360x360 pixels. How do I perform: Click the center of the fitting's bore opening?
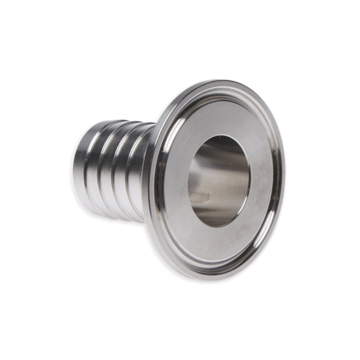(x=218, y=180)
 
